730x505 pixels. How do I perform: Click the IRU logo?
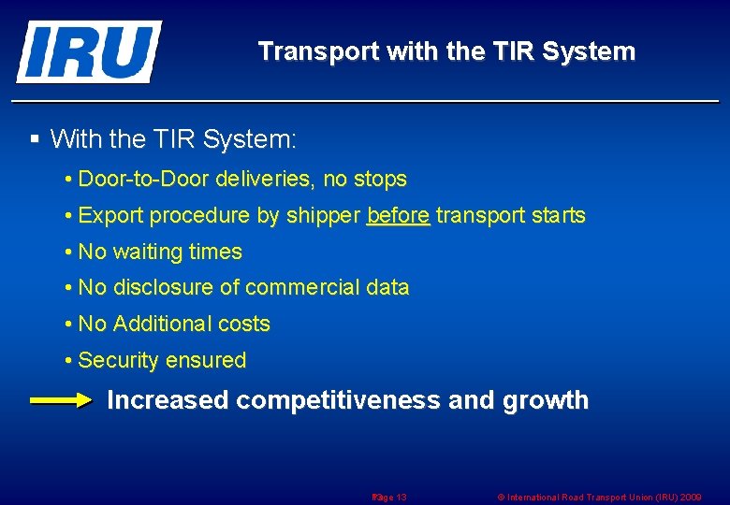(88, 51)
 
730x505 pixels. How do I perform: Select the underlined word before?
(398, 216)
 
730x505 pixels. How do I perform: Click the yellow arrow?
(62, 401)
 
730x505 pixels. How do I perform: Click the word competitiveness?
(338, 401)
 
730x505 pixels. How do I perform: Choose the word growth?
(546, 401)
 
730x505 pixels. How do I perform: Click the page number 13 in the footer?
(400, 497)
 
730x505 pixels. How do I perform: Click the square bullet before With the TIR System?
(35, 140)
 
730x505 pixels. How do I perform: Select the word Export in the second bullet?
(110, 216)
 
